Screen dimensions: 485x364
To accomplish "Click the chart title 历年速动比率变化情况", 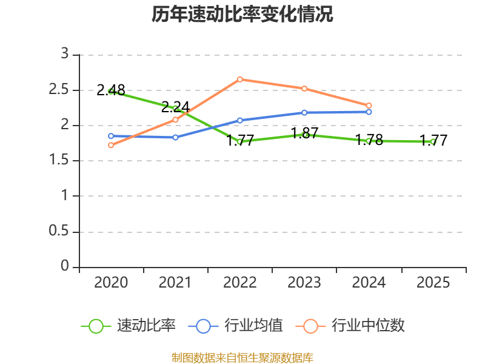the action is point(242,14).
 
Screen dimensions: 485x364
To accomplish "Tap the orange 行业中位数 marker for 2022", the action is point(240,79).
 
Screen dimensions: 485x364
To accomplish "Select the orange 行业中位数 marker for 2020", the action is point(111,145).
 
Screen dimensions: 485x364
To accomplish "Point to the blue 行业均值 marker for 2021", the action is point(175,137).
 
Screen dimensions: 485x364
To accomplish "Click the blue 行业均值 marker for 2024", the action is point(369,112).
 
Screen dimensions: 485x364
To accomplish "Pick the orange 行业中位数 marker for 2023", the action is point(304,89).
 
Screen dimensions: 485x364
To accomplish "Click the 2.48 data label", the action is point(111,90).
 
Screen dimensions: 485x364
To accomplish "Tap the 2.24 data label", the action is point(175,107).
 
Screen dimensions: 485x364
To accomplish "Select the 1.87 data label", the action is point(305,133).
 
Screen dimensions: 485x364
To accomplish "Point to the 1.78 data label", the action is point(369,140).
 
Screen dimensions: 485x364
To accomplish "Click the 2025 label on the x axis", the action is point(433,282).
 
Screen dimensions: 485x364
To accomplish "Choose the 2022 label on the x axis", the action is point(239,282).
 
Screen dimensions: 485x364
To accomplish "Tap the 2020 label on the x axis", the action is point(111,282).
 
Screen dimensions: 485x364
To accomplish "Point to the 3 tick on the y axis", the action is point(65,53).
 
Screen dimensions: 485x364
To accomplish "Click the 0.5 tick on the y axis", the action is point(58,231).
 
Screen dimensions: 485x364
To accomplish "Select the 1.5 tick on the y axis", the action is point(58,160).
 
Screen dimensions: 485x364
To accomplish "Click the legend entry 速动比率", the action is point(128,326).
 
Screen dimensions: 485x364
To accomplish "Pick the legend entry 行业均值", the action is point(235,326).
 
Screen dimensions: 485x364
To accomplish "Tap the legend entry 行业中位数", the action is point(350,326).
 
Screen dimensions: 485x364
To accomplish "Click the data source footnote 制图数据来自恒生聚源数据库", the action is point(242,358).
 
